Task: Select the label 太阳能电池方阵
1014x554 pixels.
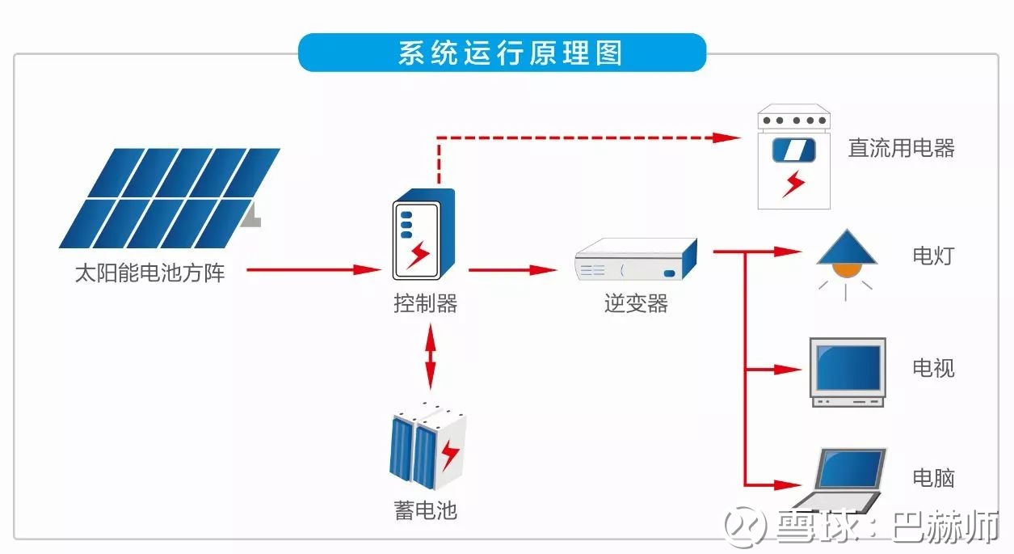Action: tap(149, 273)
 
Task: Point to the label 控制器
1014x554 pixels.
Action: tap(426, 304)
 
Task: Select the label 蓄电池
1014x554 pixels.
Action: tap(426, 511)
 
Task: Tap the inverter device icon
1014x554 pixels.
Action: tap(636, 260)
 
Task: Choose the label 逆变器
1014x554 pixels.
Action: tap(636, 304)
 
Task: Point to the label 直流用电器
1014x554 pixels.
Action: tap(901, 148)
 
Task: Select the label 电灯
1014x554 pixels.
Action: tap(933, 256)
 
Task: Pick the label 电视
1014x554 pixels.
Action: tap(933, 369)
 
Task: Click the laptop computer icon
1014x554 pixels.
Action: tap(844, 478)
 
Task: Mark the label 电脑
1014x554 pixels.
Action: tap(933, 478)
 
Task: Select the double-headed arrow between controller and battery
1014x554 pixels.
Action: tap(431, 355)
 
